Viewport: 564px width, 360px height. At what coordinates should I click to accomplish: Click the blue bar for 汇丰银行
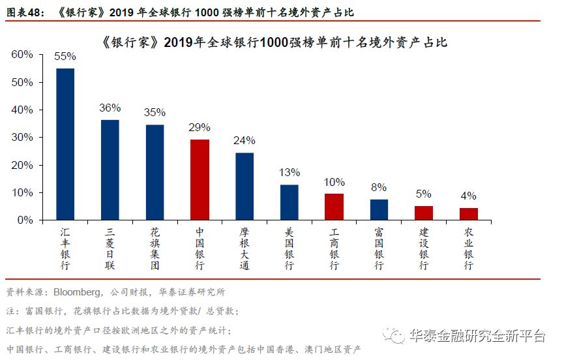point(65,144)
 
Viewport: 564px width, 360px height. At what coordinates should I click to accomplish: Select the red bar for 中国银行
point(200,180)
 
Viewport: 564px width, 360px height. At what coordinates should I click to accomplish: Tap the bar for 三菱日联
point(110,170)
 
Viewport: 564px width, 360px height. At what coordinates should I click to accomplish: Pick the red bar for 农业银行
point(468,214)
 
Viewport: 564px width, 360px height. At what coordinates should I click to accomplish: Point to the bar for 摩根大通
point(245,187)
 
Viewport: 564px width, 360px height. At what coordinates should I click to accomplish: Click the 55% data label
point(65,57)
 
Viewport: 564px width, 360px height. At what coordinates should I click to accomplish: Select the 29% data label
point(200,128)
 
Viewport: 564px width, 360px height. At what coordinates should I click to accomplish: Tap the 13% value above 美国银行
point(289,173)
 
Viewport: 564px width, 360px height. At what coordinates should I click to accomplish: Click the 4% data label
point(468,196)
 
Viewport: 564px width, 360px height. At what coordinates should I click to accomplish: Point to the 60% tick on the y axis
point(22,55)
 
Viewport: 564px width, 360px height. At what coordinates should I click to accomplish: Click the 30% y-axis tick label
point(22,138)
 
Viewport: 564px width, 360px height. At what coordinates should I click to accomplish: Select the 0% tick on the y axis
point(25,220)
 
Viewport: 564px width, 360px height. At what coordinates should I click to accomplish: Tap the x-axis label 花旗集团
point(155,248)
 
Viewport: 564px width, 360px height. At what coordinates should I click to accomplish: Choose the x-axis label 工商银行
point(334,248)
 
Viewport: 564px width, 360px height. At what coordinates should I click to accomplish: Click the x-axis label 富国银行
point(379,248)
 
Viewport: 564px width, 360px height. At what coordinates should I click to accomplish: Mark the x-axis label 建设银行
point(424,248)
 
